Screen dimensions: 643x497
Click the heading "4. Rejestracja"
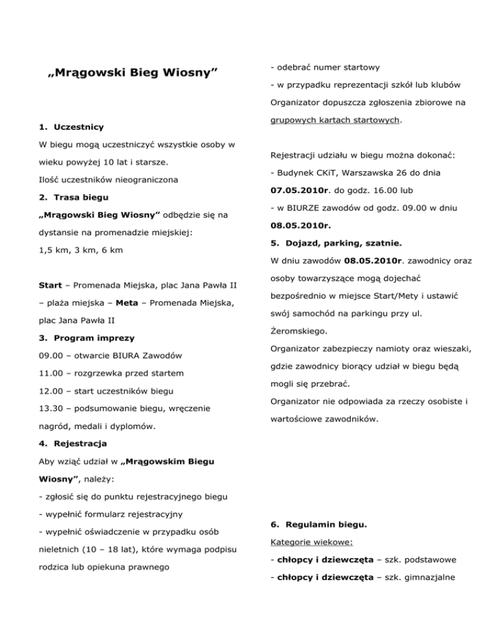pyautogui.click(x=72, y=444)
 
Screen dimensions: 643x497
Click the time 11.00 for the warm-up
pyautogui.click(x=51, y=373)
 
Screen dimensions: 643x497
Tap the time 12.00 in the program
pyautogui.click(x=51, y=391)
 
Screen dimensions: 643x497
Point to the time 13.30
pyautogui.click(x=51, y=409)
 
